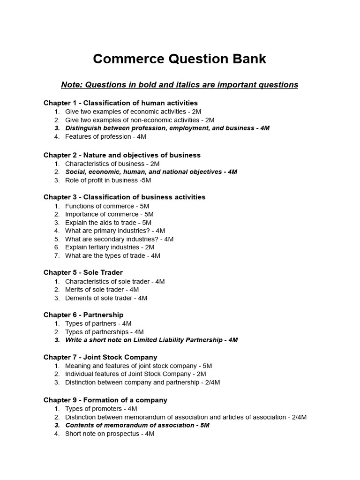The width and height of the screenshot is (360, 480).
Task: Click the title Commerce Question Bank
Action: coord(180,59)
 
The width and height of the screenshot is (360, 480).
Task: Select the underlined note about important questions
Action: coord(180,85)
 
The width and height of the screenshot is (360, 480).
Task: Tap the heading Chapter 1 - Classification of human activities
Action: coord(120,103)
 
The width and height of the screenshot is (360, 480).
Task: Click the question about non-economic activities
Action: coord(140,120)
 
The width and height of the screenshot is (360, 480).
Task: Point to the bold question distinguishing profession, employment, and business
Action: coord(167,128)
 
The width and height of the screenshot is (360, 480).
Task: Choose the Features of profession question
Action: coord(105,136)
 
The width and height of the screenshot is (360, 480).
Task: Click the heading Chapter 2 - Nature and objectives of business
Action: coord(122,155)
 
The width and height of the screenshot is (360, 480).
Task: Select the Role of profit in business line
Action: coord(108,180)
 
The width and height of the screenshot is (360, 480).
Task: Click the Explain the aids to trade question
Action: coord(108,223)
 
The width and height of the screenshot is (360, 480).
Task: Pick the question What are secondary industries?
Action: coord(119,239)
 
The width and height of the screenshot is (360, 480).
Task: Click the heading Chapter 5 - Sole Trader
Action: coord(83,272)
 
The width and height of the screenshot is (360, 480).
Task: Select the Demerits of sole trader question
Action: coord(106,298)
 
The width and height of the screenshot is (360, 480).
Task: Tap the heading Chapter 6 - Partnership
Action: coord(83,315)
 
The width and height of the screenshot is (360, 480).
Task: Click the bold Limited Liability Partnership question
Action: coord(151,340)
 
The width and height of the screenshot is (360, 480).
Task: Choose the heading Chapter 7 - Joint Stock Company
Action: coord(100,357)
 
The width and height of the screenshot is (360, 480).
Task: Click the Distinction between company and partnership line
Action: coord(142,382)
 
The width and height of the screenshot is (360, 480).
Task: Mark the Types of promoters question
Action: coord(101,409)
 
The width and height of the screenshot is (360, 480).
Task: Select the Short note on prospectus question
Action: coord(110,434)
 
